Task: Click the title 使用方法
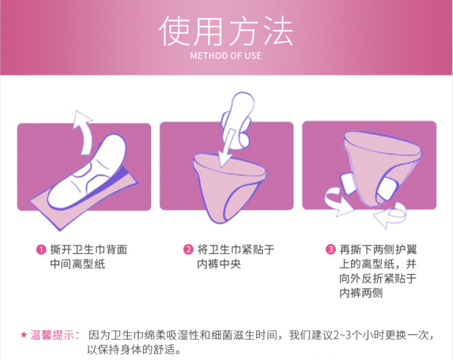[226, 30]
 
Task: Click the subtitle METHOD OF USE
[225, 56]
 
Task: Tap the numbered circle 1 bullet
[41, 250]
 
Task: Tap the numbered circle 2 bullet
[188, 250]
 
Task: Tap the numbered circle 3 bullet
[330, 249]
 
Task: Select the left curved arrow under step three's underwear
[338, 202]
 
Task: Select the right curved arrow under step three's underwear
[391, 215]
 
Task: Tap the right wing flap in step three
[387, 189]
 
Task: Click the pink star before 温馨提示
[24, 335]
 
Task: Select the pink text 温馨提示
[55, 335]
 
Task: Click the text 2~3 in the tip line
[342, 336]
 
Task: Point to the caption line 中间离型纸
[78, 264]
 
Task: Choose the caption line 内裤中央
[219, 264]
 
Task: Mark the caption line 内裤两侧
[361, 293]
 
